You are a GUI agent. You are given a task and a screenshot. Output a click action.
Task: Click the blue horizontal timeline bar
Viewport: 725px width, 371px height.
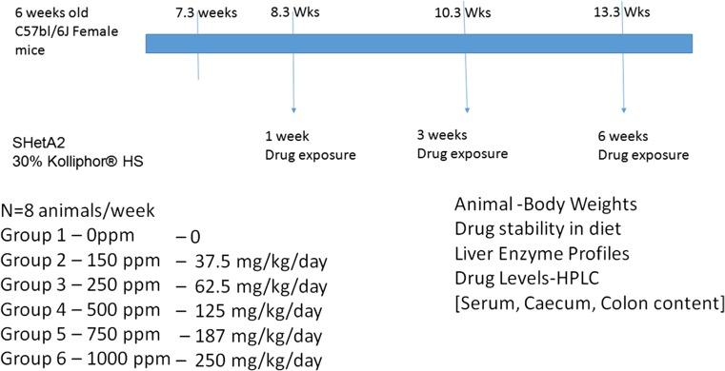pos(429,44)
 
